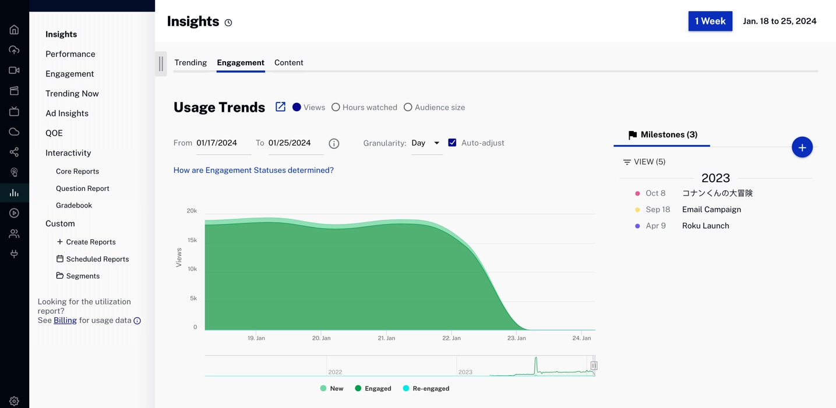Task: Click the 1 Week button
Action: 710,22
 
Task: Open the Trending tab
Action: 191,63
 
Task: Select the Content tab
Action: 288,63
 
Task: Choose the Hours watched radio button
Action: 336,107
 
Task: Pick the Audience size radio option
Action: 408,107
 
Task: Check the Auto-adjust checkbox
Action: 452,143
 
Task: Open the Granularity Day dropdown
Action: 426,143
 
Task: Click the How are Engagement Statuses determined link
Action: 253,171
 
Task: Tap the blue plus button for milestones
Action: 802,147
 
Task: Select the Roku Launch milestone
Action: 705,226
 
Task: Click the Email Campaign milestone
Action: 711,210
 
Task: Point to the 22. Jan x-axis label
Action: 451,338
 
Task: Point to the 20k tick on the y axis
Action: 192,211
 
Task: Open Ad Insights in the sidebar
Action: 67,113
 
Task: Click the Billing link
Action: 65,321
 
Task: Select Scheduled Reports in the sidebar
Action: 97,259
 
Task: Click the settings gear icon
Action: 14,401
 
